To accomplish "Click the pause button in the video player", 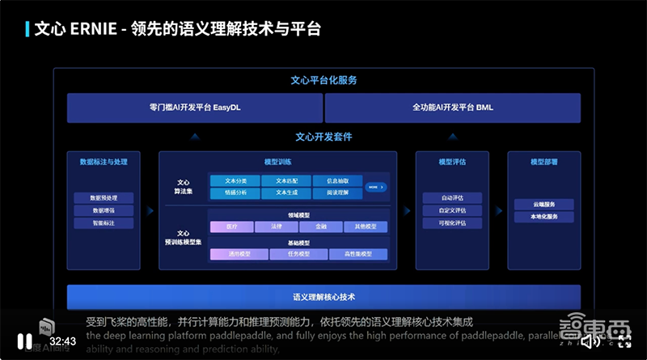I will coord(24,341).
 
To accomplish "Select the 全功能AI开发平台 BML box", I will coord(452,108).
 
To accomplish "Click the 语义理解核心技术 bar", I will coord(323,297).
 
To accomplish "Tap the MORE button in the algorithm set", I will coord(375,187).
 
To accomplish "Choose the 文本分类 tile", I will coord(235,180).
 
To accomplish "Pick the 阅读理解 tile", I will coord(337,193).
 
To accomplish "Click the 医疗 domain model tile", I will coord(230,227).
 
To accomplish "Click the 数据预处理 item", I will coord(103,197).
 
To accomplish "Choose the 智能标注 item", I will coord(103,223).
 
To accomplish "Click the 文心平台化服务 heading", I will coord(323,81).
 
